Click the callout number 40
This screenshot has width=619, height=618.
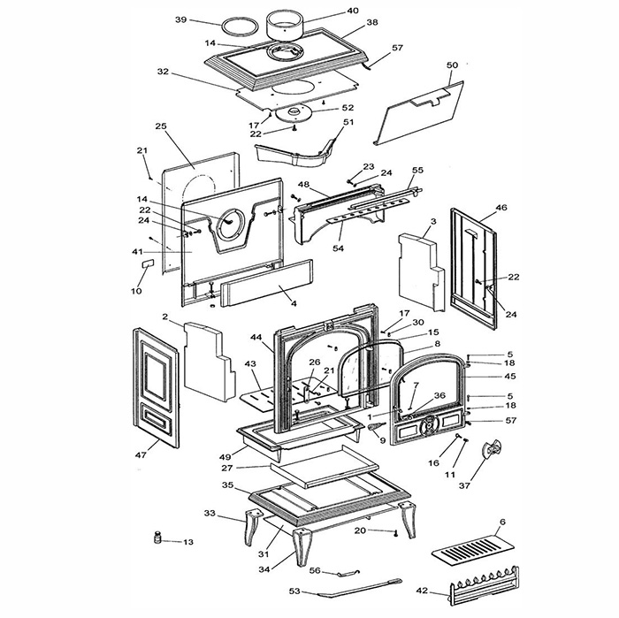pos(353,11)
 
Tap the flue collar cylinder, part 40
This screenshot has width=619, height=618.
pos(284,25)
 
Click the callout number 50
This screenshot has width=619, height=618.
pos(453,65)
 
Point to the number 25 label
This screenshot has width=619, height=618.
pos(161,126)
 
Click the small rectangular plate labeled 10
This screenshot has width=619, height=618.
pos(148,263)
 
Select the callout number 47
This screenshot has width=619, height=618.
pos(141,455)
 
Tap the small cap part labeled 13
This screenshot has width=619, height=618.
pos(158,538)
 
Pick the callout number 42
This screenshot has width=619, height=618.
pos(423,591)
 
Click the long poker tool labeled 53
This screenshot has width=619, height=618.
pos(359,588)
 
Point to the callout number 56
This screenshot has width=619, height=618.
pos(315,570)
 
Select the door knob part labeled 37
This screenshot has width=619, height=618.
pos(491,450)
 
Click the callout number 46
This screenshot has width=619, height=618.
pos(501,208)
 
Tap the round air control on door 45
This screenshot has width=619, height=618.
pos(428,427)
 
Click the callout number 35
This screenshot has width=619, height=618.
pos(228,485)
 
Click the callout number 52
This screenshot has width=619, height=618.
pos(348,108)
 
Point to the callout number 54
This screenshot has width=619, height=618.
pos(339,248)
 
